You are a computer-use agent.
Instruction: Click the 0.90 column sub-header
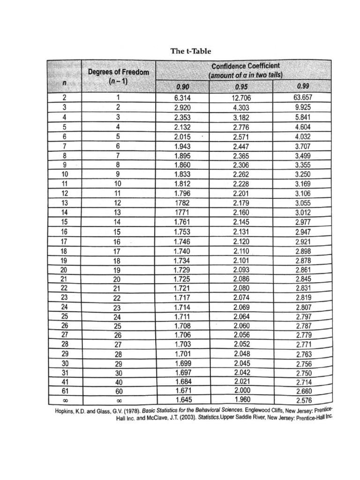tap(182, 86)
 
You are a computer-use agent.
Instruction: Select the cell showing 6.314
tap(182, 98)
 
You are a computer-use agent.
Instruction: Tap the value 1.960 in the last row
tap(242, 399)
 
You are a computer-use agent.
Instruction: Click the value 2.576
tap(304, 400)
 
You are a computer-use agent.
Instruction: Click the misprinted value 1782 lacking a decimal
tap(182, 203)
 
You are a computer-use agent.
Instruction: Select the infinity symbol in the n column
tap(65, 400)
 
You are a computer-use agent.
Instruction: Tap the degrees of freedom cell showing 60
tap(118, 390)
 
